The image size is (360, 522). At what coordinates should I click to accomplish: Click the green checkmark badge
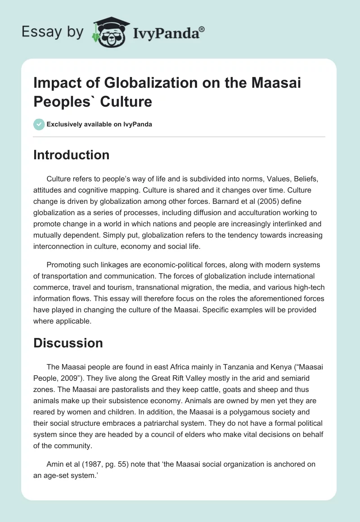click(x=39, y=124)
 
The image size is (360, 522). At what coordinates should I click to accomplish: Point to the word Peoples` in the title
click(x=63, y=101)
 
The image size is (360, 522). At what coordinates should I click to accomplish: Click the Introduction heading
click(x=72, y=155)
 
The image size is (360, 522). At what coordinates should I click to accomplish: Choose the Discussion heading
click(x=68, y=343)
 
